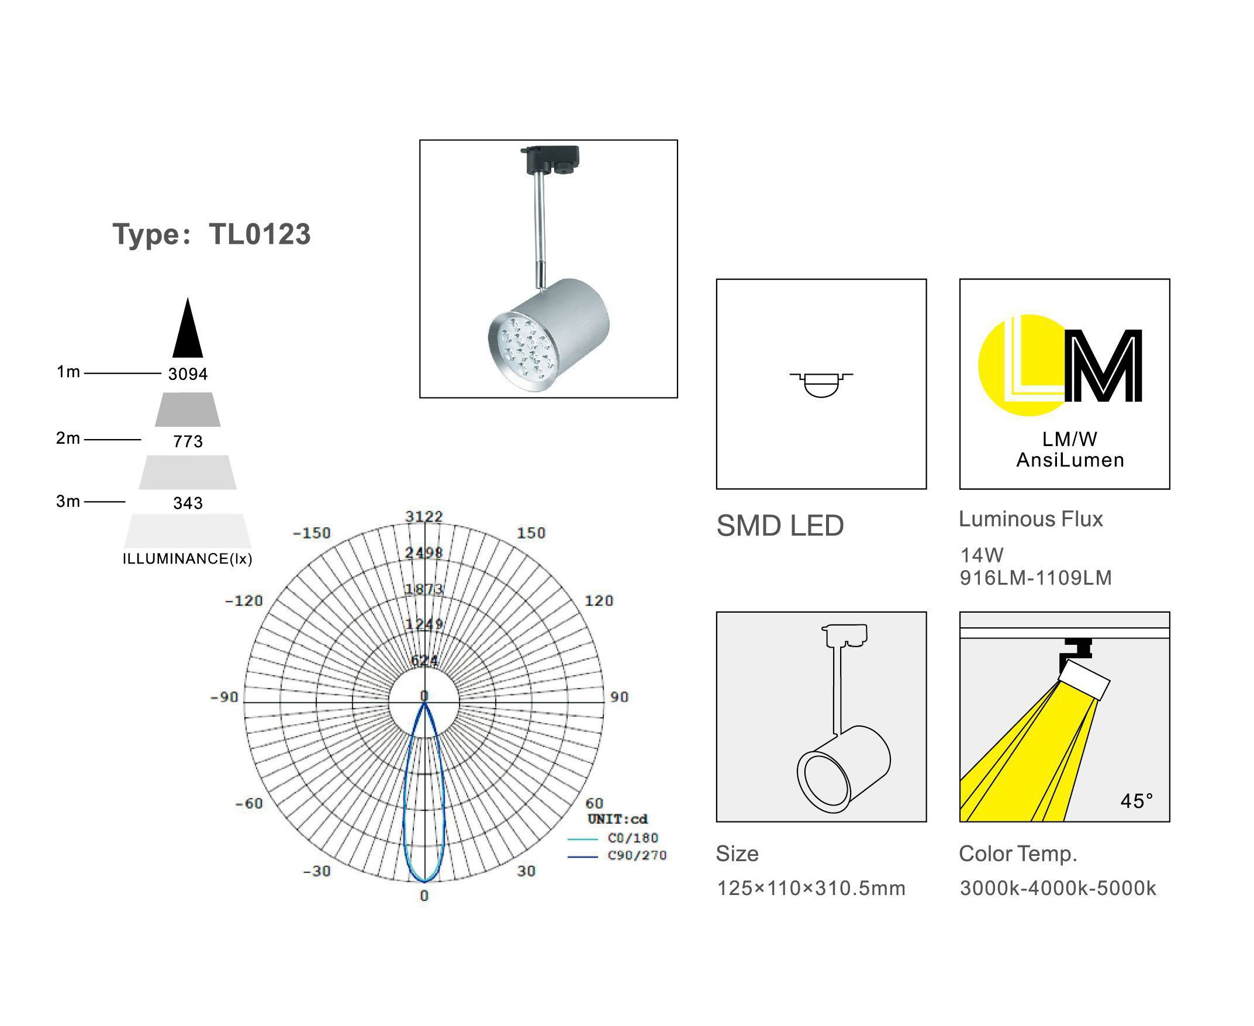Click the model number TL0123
pos(260,234)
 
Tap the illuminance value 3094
pos(188,374)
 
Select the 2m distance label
pos(68,438)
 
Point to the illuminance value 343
pos(188,503)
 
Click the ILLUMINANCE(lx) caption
pos(187,558)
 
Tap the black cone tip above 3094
pos(188,298)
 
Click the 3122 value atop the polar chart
pos(424,517)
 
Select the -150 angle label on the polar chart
pos(312,533)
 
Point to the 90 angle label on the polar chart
pos(619,697)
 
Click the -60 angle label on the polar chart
pos(249,804)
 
